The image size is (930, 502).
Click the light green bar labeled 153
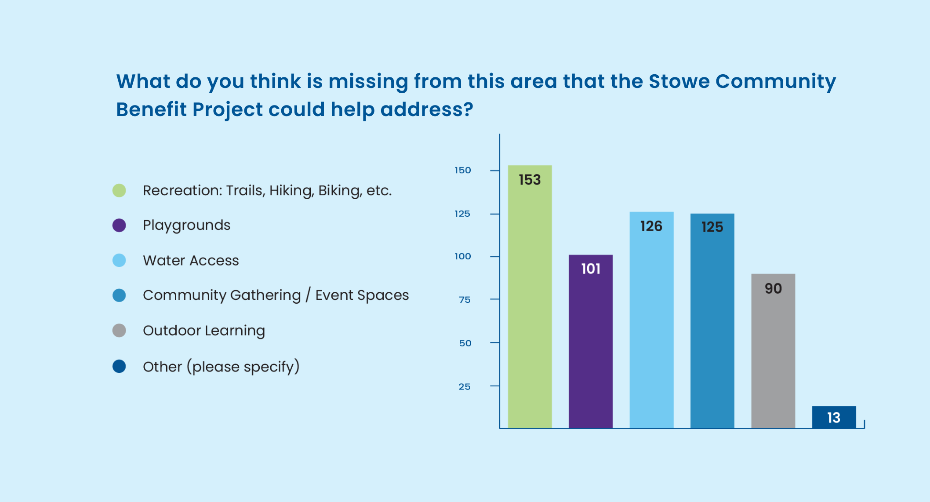click(x=530, y=297)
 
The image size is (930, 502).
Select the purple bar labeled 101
click(x=591, y=342)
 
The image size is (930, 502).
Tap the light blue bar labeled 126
click(x=651, y=320)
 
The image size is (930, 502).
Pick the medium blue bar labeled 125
click(x=712, y=321)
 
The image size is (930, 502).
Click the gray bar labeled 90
click(x=773, y=351)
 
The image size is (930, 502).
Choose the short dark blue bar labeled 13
click(x=834, y=417)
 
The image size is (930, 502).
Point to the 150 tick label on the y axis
click(x=463, y=170)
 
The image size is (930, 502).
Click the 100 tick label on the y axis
click(x=463, y=256)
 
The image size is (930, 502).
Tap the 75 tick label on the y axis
click(x=465, y=300)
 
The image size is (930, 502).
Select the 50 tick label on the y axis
click(x=465, y=343)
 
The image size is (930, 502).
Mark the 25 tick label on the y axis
click(x=465, y=387)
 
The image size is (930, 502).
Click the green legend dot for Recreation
click(x=119, y=190)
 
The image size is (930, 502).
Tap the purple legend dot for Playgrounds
click(x=119, y=225)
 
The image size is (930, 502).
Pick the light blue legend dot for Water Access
click(x=119, y=260)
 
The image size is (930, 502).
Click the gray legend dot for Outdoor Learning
click(x=119, y=331)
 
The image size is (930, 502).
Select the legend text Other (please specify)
click(x=221, y=367)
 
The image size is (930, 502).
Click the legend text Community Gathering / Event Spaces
click(x=276, y=295)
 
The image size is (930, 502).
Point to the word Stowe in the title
click(x=679, y=81)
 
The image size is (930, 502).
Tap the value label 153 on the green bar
click(x=530, y=179)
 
